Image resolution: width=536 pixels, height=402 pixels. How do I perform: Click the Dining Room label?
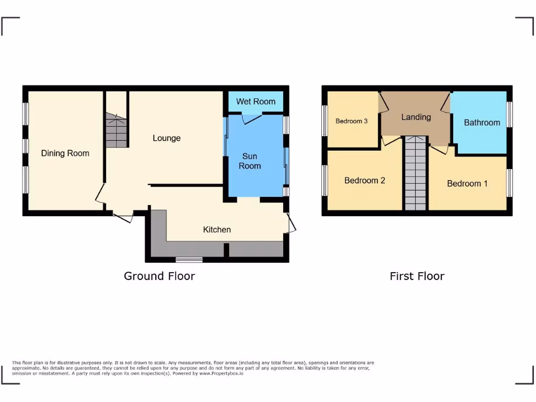pyautogui.click(x=65, y=153)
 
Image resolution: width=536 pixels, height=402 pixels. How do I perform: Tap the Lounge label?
pyautogui.click(x=166, y=138)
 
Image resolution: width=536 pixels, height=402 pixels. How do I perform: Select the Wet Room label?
pyautogui.click(x=255, y=102)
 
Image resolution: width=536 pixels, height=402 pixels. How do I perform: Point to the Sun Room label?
pyautogui.click(x=250, y=161)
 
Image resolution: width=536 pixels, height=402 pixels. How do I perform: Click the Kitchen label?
pyautogui.click(x=217, y=229)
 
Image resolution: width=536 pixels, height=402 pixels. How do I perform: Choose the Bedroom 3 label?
pyautogui.click(x=351, y=121)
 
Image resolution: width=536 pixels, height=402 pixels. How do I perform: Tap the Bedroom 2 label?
pyautogui.click(x=365, y=181)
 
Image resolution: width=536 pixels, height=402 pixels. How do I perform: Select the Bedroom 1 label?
pyautogui.click(x=467, y=184)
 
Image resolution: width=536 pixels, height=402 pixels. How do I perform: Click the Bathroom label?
pyautogui.click(x=482, y=122)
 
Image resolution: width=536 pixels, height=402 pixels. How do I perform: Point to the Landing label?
pyautogui.click(x=416, y=117)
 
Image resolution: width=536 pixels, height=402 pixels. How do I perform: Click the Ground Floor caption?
pyautogui.click(x=159, y=276)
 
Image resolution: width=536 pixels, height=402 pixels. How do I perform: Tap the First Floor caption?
pyautogui.click(x=417, y=276)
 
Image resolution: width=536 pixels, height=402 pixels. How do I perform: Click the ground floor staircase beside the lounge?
pyautogui.click(x=117, y=132)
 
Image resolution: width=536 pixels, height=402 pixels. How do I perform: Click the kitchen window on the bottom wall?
pyautogui.click(x=189, y=259)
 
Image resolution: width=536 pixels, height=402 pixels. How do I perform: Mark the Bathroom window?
pyautogui.click(x=509, y=114)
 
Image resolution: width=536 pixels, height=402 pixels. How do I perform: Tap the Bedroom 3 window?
pyautogui.click(x=325, y=120)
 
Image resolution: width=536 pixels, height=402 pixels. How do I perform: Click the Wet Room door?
pyautogui.click(x=253, y=119)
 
